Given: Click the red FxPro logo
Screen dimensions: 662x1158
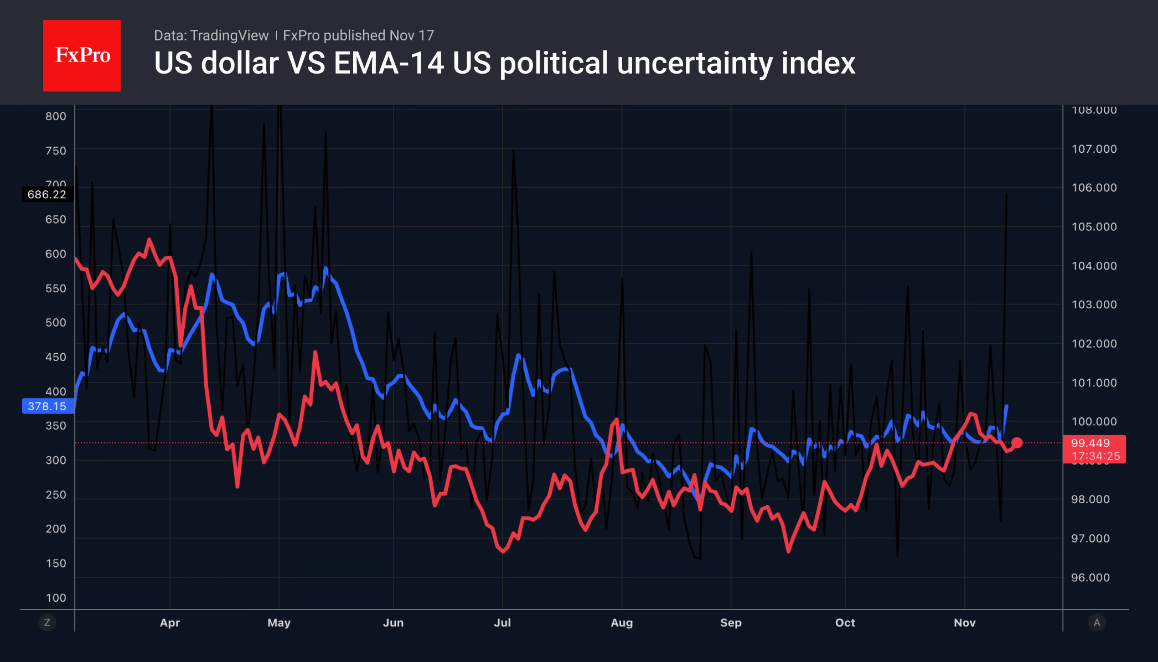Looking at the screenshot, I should [x=82, y=55].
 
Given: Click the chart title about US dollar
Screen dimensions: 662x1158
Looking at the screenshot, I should [x=504, y=63].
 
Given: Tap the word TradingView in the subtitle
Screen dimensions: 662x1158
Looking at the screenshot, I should [x=229, y=35].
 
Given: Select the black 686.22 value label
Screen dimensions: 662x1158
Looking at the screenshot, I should [x=47, y=194].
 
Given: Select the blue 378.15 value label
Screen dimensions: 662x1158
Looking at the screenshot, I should [x=47, y=406].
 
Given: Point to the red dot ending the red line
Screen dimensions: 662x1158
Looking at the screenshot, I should [x=1017, y=443].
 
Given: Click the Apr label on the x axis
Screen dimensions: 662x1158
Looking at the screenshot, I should [x=170, y=623].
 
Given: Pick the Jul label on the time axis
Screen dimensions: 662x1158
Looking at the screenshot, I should [x=502, y=623].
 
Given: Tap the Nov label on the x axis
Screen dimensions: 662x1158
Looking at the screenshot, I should [x=964, y=623].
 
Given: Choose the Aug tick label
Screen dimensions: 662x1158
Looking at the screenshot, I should [x=622, y=623].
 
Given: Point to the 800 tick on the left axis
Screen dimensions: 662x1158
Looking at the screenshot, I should [x=56, y=116].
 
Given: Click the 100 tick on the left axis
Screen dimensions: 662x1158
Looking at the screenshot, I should [x=56, y=598].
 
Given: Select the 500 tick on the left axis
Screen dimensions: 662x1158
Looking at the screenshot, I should [x=56, y=323].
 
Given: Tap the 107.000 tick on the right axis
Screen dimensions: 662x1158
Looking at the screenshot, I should [x=1094, y=149].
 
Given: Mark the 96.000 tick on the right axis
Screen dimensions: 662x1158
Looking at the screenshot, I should [x=1090, y=578].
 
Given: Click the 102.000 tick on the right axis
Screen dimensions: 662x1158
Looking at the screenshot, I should [x=1094, y=344].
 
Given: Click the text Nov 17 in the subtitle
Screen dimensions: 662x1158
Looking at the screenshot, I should [x=411, y=35].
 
